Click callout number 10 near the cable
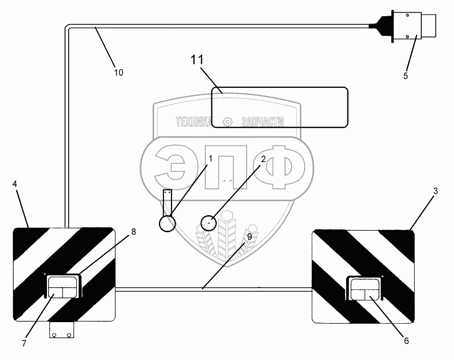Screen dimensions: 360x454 coord(118,72)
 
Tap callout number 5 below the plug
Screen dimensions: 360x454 coord(405,76)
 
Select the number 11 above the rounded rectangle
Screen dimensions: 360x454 coord(197,60)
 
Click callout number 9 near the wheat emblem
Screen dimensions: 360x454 coord(249,236)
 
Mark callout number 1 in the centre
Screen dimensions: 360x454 coord(211,158)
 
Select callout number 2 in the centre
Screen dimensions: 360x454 coord(263,159)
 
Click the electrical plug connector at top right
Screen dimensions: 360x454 coord(416,26)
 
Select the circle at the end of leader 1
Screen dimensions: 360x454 coord(167,223)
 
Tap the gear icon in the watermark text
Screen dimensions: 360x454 coord(228,122)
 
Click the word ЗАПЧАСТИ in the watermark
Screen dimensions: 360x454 coord(262,122)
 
